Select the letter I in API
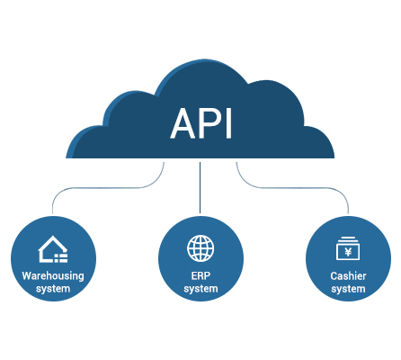click(229, 123)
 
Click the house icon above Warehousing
click(53, 249)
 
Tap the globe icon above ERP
click(200, 248)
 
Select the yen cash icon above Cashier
click(348, 248)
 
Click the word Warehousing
click(53, 276)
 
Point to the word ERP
click(200, 275)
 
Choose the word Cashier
click(348, 275)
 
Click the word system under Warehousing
click(53, 289)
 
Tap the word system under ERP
click(200, 289)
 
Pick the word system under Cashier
click(348, 289)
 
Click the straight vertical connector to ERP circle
click(200, 187)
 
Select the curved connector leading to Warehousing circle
click(108, 188)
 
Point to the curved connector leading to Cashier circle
click(292, 188)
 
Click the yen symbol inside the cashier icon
click(348, 252)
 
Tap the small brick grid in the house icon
click(61, 258)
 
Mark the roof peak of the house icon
click(53, 237)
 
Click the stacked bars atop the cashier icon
click(348, 239)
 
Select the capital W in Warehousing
click(27, 275)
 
